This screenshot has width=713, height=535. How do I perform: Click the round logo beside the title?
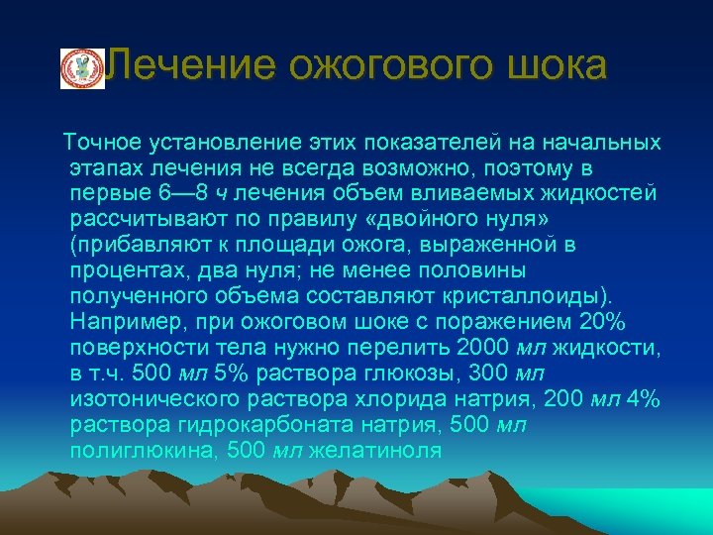point(82,68)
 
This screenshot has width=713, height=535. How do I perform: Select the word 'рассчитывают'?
point(139,219)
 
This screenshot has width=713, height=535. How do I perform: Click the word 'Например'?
point(123,322)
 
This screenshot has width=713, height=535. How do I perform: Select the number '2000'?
point(485,348)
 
